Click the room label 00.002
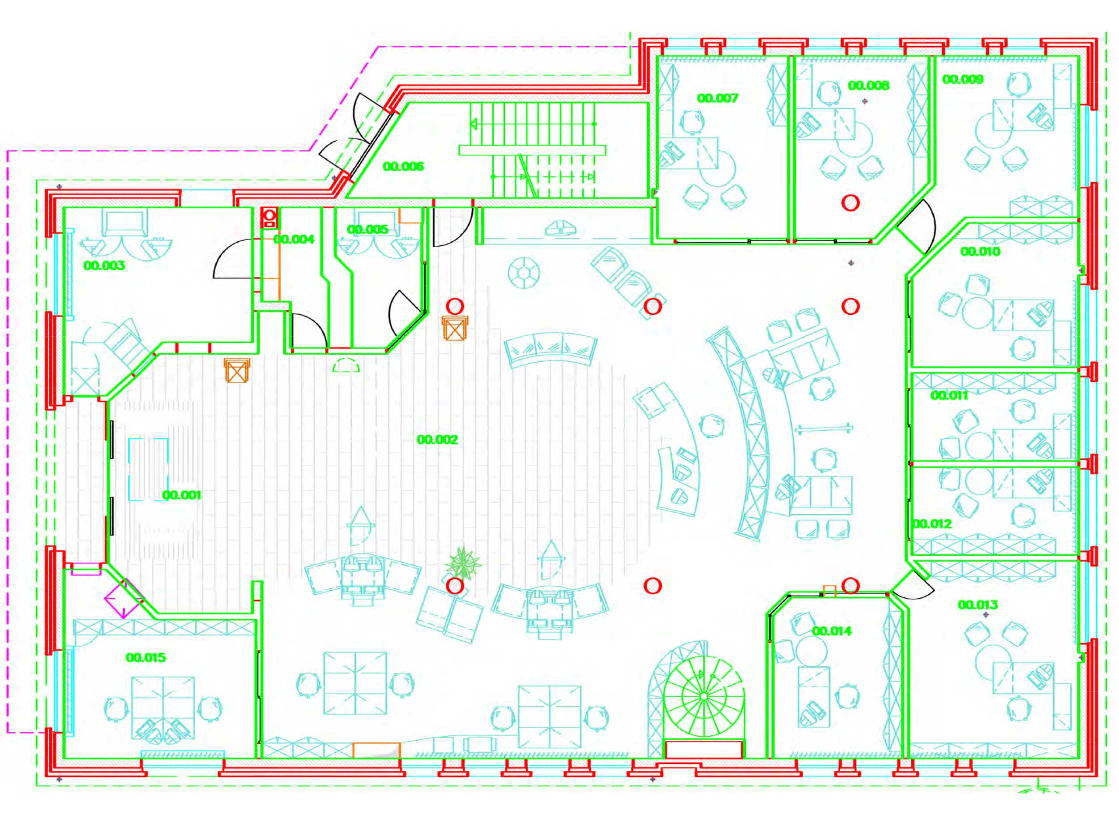point(437,440)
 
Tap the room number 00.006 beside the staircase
point(403,166)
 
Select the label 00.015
point(146,657)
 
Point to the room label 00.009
point(963,79)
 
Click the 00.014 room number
point(832,631)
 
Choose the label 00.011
point(949,395)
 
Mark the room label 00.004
point(294,240)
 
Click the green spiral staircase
point(703,696)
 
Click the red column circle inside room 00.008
point(850,202)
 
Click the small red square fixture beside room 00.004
point(270,218)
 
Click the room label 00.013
point(978,605)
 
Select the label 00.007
point(718,98)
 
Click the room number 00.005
point(367,230)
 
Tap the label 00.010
point(980,252)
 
